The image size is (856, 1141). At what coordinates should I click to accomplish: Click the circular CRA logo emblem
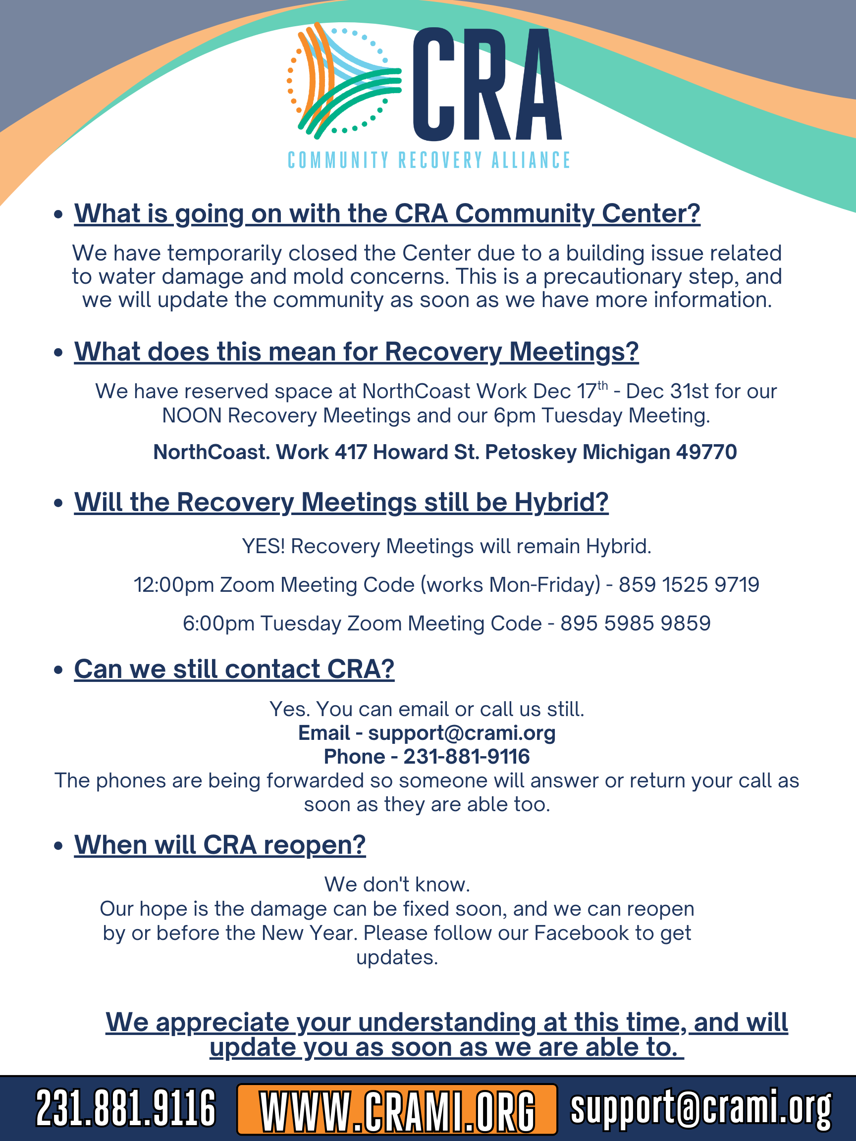[x=344, y=81]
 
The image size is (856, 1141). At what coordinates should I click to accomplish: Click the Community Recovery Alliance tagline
[x=429, y=160]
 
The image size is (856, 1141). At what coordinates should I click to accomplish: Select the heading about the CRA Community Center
[x=387, y=213]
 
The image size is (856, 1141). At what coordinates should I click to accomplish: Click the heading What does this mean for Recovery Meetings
[x=356, y=351]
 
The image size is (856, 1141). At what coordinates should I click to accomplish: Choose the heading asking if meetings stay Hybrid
[x=341, y=502]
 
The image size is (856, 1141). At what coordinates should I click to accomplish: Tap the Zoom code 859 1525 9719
[x=689, y=584]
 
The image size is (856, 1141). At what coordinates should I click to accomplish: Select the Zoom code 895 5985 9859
[x=635, y=623]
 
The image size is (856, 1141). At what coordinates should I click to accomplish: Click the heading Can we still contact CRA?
[x=234, y=669]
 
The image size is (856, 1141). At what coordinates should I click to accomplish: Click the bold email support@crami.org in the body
[x=461, y=732]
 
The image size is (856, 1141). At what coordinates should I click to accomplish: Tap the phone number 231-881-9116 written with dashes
[x=467, y=756]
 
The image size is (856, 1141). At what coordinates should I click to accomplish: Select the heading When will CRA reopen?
[x=220, y=845]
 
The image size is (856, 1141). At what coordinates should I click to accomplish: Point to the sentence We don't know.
[x=397, y=884]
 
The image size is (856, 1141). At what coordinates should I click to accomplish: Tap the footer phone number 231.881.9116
[x=125, y=1108]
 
